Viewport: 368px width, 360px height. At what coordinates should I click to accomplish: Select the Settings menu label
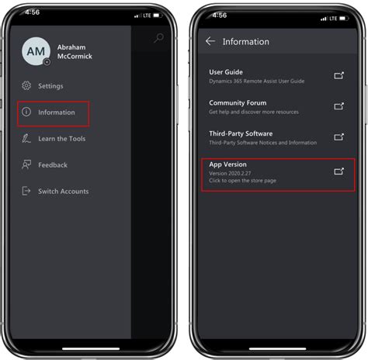pyautogui.click(x=50, y=86)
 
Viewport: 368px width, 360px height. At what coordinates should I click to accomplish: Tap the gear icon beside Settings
pyautogui.click(x=26, y=86)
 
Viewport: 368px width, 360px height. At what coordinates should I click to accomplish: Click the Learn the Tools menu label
pyautogui.click(x=62, y=139)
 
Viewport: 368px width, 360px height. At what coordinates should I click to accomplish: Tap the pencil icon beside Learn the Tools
pyautogui.click(x=26, y=139)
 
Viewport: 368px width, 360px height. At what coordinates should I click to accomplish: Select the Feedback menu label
pyautogui.click(x=53, y=165)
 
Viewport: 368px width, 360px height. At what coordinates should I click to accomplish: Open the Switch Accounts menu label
pyautogui.click(x=64, y=192)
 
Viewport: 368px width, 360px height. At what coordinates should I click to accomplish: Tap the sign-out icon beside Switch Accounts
pyautogui.click(x=26, y=191)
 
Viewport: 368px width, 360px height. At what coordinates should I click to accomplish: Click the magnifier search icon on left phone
pyautogui.click(x=158, y=38)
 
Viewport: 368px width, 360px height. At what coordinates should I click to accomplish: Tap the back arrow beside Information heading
pyautogui.click(x=210, y=42)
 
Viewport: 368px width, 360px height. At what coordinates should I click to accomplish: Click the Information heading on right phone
pyautogui.click(x=246, y=42)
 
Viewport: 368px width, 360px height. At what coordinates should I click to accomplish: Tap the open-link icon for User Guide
pyautogui.click(x=338, y=76)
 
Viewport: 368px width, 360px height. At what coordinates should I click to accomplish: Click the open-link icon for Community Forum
pyautogui.click(x=338, y=106)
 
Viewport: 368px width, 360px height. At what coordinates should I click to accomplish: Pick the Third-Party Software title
pyautogui.click(x=241, y=133)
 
